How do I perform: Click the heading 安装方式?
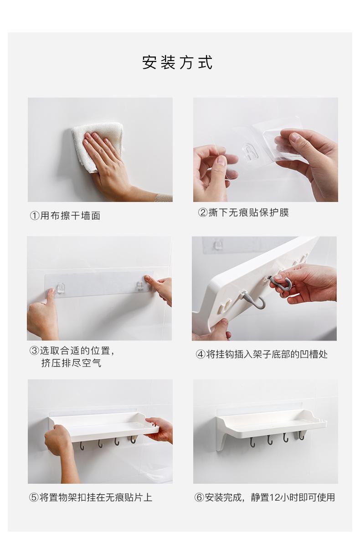tap(177, 62)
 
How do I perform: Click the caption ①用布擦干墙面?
tap(65, 216)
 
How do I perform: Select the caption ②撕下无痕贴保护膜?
tap(243, 212)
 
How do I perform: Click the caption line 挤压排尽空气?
tap(71, 363)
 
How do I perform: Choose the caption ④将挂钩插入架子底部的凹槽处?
tap(262, 354)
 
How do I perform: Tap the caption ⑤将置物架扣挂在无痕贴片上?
tap(91, 497)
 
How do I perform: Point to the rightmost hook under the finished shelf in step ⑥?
tap(301, 435)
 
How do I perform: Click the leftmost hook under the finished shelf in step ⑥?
tap(252, 441)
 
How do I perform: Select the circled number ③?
tap(34, 351)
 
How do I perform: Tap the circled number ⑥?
tap(199, 497)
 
